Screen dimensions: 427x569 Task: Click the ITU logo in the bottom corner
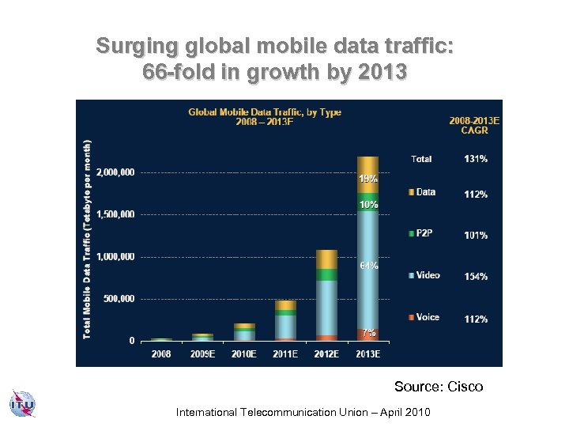[22, 404]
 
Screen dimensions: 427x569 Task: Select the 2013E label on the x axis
[368, 354]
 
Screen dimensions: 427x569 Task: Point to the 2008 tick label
[161, 354]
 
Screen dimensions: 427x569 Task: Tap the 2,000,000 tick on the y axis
[115, 172]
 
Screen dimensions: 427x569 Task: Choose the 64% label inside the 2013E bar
[368, 266]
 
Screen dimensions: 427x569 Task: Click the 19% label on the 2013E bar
[368, 179]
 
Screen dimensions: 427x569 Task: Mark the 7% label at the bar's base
[368, 333]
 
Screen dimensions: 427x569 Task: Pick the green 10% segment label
[368, 204]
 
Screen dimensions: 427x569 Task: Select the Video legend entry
[428, 275]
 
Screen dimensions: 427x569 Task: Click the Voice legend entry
[428, 317]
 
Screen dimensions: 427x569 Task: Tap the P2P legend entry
[424, 232]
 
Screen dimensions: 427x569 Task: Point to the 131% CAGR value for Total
[476, 159]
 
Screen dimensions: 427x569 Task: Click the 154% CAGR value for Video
[476, 276]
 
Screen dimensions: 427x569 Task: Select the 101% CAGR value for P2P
[476, 235]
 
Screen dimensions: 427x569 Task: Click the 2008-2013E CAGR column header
[474, 125]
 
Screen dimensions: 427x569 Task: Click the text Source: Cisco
[439, 387]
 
